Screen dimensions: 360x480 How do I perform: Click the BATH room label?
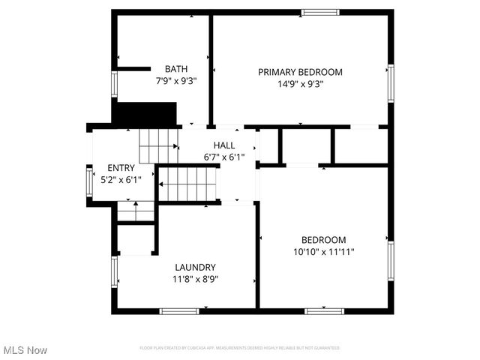click(x=176, y=69)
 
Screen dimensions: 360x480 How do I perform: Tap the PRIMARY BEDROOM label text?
click(x=300, y=72)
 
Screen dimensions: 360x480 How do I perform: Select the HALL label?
click(x=224, y=145)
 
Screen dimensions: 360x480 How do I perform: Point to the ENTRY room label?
click(x=121, y=168)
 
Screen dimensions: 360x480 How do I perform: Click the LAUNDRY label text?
click(x=195, y=267)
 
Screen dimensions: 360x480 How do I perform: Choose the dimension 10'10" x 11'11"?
click(x=324, y=253)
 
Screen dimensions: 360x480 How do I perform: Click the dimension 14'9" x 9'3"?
click(x=300, y=84)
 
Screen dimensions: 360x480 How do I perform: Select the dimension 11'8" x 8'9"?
click(x=195, y=279)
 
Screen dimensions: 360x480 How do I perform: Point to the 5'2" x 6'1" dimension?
click(x=121, y=179)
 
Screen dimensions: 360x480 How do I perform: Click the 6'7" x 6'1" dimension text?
click(x=224, y=157)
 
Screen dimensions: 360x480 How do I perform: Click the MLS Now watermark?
click(x=25, y=350)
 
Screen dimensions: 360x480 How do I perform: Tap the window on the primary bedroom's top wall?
click(x=320, y=12)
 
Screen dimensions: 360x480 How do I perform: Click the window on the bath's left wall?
click(x=115, y=82)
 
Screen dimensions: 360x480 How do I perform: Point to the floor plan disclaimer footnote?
click(x=240, y=348)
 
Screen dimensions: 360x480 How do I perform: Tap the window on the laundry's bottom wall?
click(x=179, y=310)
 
